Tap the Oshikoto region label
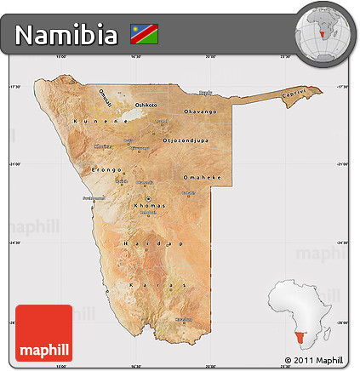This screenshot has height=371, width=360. point(146,104)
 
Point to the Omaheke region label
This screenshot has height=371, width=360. point(202,177)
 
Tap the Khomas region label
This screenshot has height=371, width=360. point(148,207)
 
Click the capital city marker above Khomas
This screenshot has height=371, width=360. point(146,199)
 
